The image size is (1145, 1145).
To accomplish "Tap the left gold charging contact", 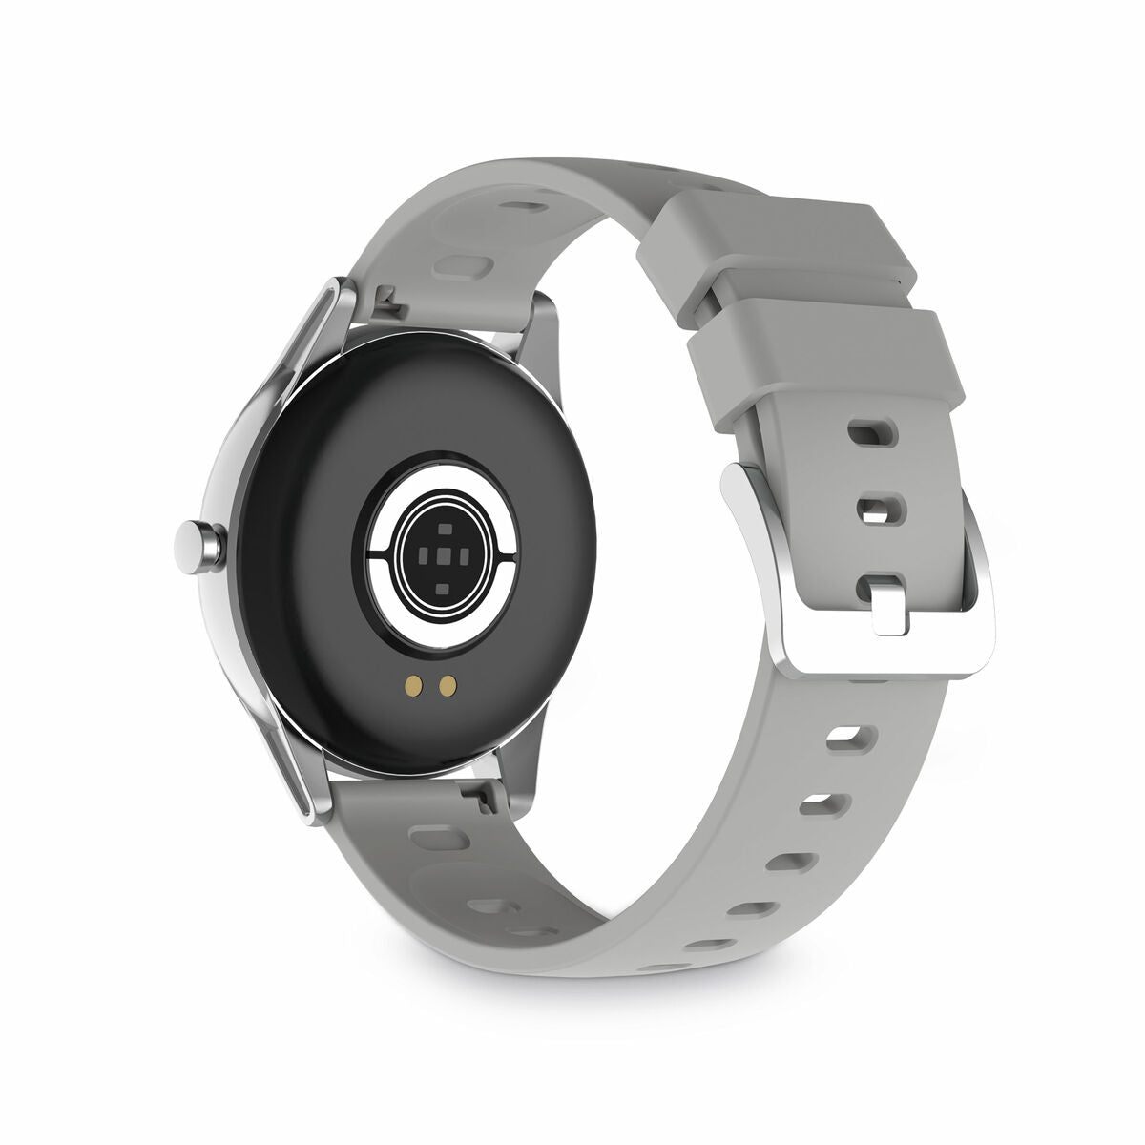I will point(413,684).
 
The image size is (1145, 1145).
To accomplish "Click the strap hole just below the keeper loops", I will point(872,434).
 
